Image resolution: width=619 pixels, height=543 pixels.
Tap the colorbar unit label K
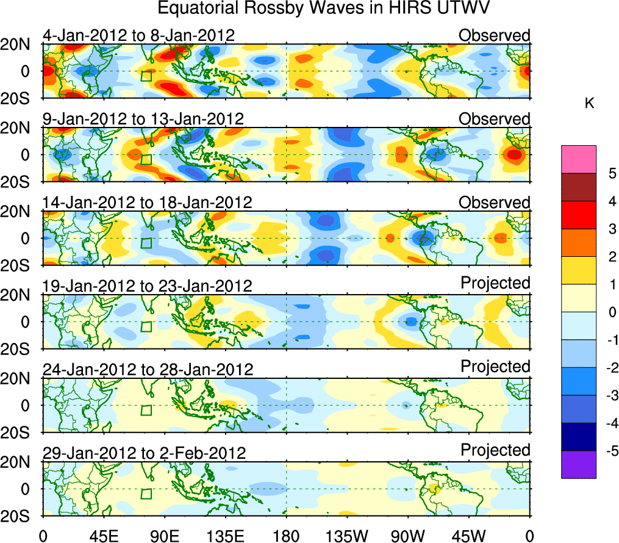click(x=590, y=104)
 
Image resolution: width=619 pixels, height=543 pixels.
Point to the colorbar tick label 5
click(x=612, y=173)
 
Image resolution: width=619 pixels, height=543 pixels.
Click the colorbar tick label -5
click(x=610, y=451)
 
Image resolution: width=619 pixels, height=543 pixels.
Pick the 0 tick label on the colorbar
click(x=612, y=312)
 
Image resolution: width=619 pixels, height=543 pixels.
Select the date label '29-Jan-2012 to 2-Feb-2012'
click(x=145, y=453)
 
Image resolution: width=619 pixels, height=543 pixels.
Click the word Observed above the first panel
click(x=495, y=35)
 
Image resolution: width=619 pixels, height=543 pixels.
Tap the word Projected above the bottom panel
click(x=495, y=450)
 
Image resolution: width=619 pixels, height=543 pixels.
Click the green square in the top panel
click(x=146, y=76)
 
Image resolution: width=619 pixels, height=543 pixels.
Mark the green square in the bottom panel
click(x=146, y=494)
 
